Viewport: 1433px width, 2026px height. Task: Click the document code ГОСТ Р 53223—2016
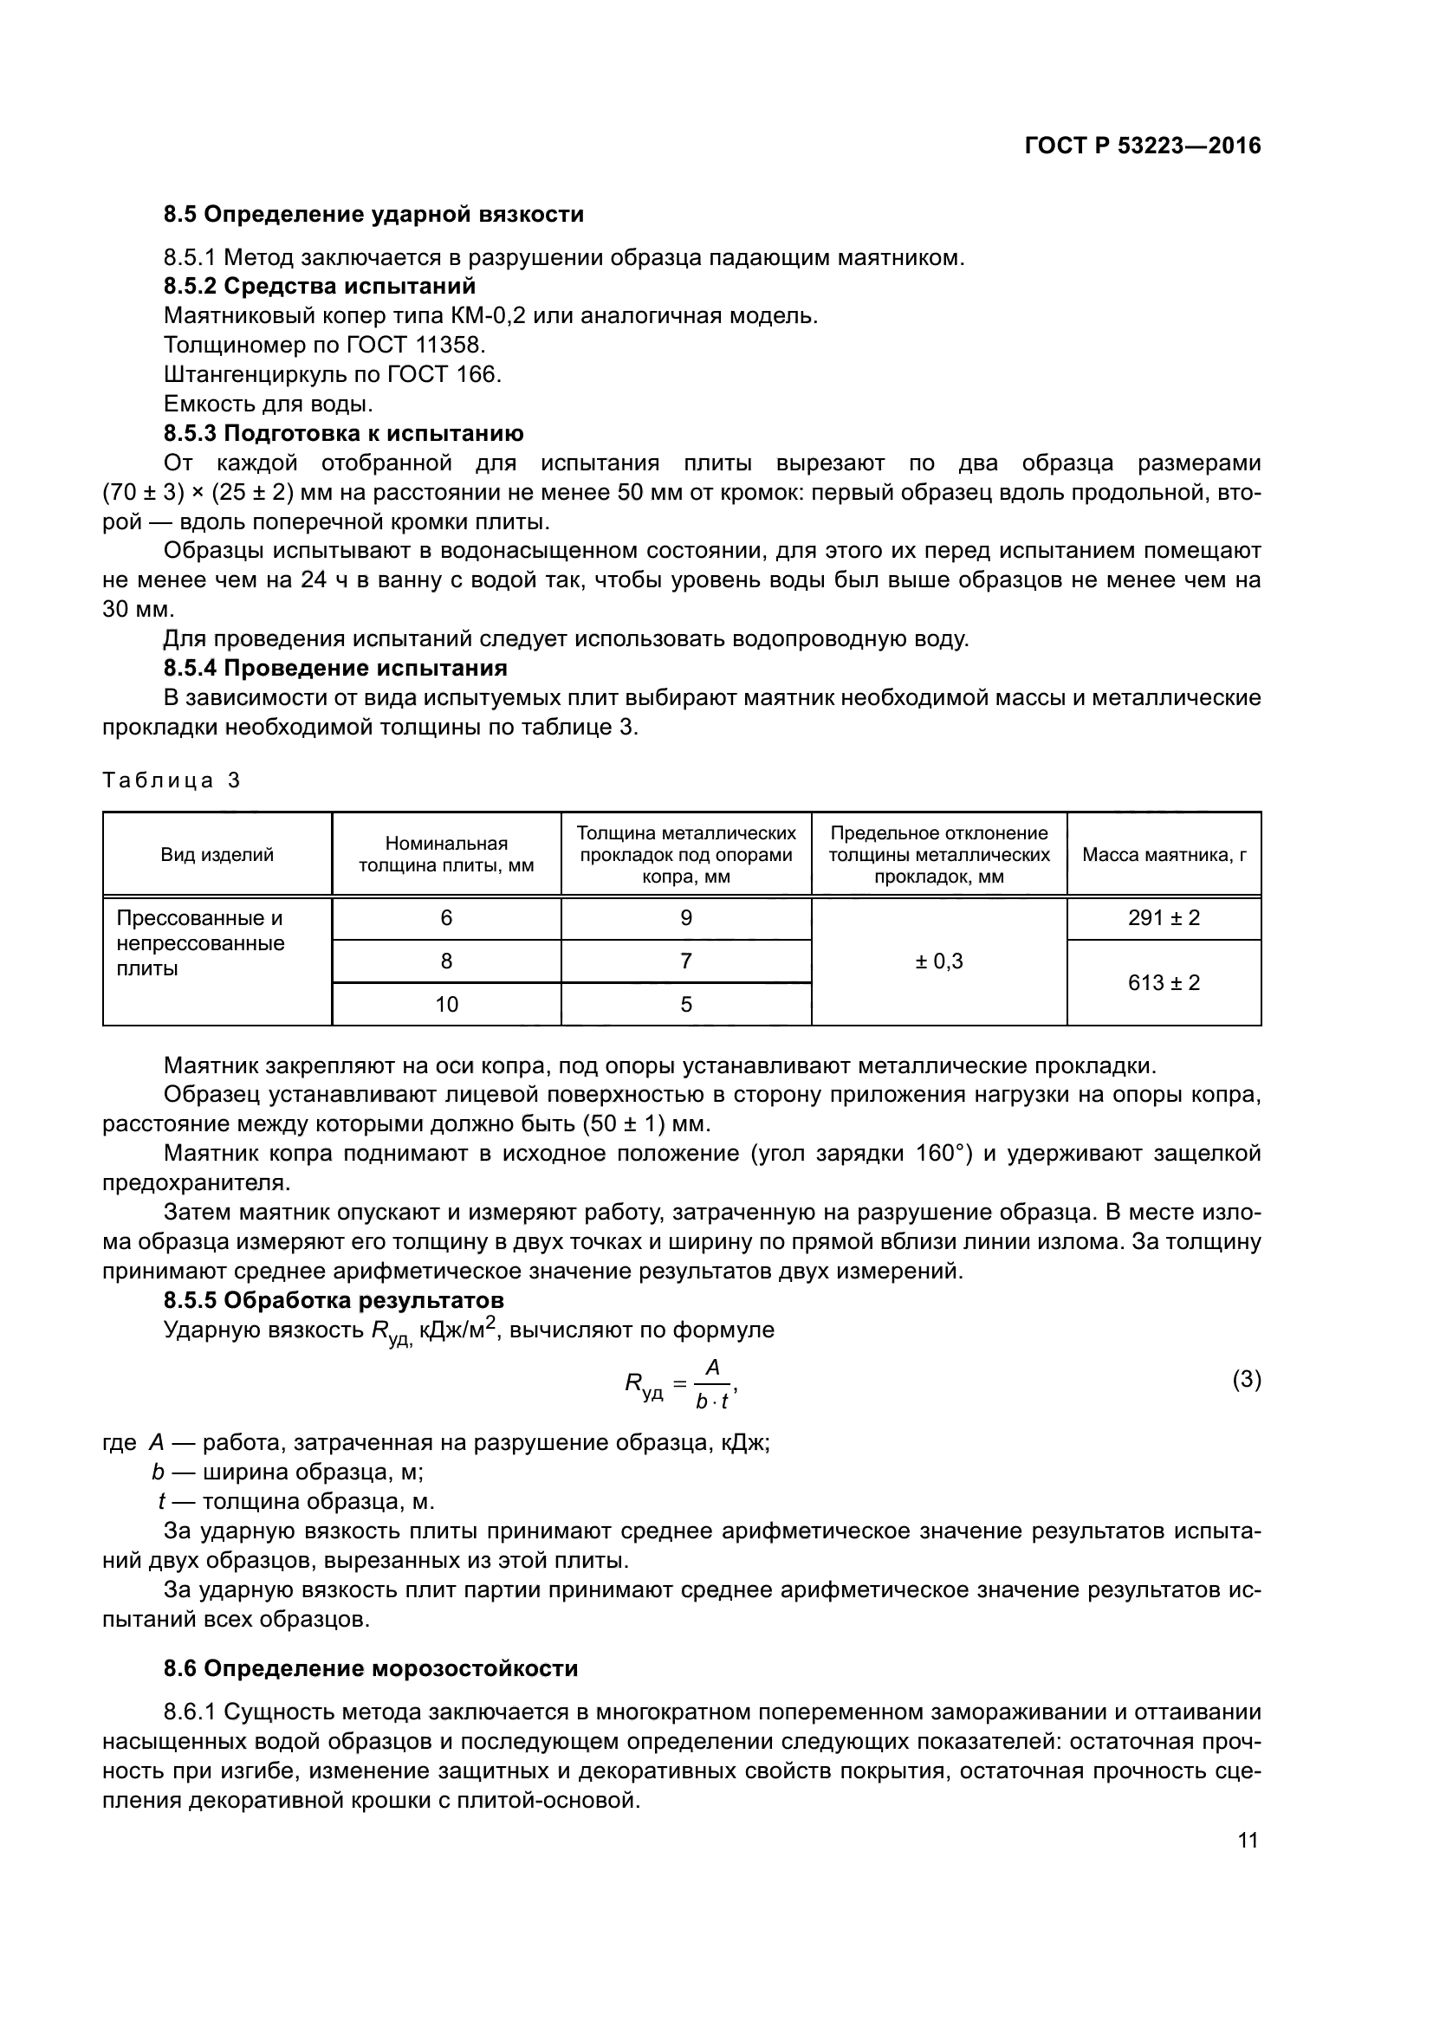click(x=1143, y=146)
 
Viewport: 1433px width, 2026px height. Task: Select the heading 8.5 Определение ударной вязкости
click(x=373, y=215)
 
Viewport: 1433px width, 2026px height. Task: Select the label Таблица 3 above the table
click(x=172, y=780)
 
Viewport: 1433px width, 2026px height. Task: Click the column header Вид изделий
click(x=217, y=854)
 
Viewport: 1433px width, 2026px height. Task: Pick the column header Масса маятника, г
click(x=1164, y=854)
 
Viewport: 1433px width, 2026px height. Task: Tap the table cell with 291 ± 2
click(x=1164, y=917)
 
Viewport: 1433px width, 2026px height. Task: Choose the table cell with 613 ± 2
click(x=1164, y=982)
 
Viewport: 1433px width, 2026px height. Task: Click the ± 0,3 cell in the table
click(x=939, y=961)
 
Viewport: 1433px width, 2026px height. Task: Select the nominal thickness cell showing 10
click(x=446, y=1004)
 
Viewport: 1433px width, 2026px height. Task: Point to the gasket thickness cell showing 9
click(x=686, y=917)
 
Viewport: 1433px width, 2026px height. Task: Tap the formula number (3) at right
click(x=1246, y=1379)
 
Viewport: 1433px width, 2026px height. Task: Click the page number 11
click(x=1248, y=1841)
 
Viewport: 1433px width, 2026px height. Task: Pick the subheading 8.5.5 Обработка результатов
click(x=334, y=1300)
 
